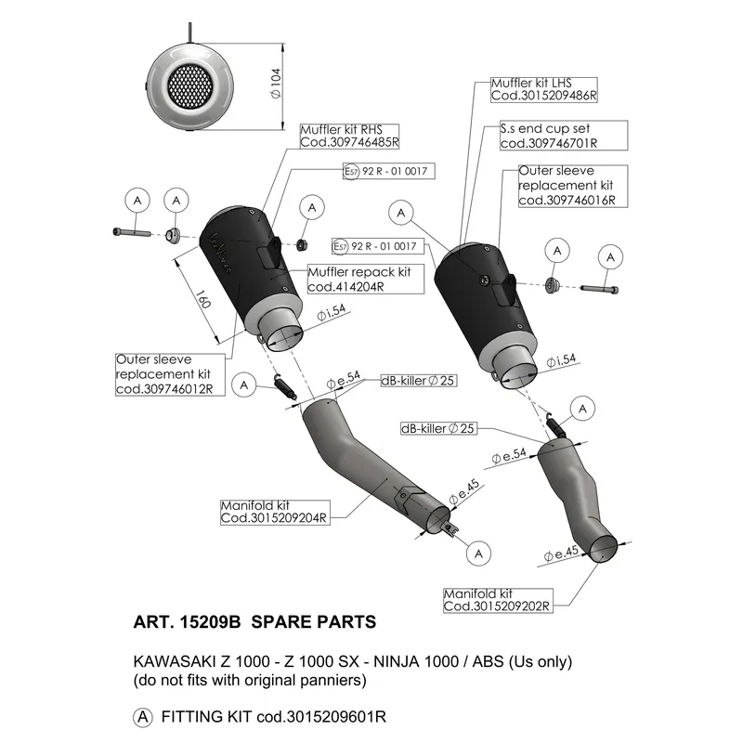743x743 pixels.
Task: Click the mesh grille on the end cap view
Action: pos(190,85)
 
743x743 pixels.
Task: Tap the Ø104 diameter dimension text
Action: pos(275,84)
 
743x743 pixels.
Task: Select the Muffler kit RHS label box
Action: pos(350,137)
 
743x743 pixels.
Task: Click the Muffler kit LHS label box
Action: pos(543,89)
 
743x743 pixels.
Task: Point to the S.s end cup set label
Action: pos(564,136)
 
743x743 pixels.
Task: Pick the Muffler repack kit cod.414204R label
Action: pos(365,279)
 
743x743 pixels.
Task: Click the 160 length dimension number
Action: pos(202,299)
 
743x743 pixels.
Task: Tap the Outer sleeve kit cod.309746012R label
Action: pos(170,374)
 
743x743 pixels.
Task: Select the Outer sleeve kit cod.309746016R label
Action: pos(573,186)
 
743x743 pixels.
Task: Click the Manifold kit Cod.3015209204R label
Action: pos(275,513)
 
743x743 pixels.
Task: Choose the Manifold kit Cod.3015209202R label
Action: pos(498,600)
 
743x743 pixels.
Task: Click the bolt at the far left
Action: pos(132,233)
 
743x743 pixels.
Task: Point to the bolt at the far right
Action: pos(599,289)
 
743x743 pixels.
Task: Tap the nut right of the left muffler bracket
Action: pos(300,245)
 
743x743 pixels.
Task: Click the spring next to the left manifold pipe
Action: pos(285,385)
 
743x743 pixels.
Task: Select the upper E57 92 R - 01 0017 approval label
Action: pos(388,171)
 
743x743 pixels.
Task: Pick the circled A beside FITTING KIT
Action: pos(143,717)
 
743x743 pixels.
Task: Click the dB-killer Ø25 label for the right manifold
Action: pos(437,429)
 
